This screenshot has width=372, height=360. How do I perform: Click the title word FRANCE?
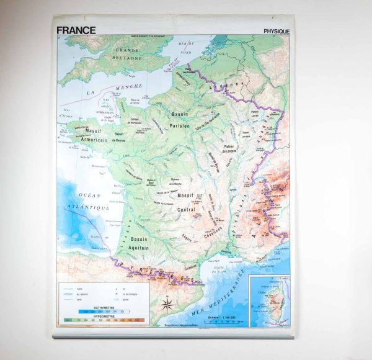click(x=76, y=30)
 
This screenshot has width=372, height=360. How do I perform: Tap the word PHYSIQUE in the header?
click(x=277, y=31)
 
